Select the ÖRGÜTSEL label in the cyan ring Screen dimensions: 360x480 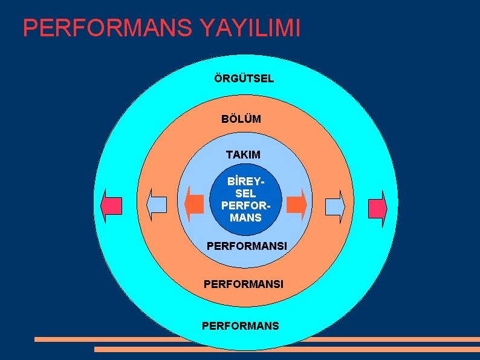pos(244,79)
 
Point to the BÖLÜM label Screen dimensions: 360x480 pos(241,119)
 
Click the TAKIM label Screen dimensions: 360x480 pos(243,155)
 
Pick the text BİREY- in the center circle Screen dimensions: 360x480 pos(245,182)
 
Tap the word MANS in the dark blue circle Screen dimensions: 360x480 pos(245,217)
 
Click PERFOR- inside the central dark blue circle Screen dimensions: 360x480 pos(245,206)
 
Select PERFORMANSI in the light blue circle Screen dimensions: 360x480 pos(246,247)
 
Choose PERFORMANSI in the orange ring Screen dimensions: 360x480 pos(244,283)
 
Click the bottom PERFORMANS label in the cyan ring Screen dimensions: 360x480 pos(241,326)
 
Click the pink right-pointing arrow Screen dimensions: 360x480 pos(377,208)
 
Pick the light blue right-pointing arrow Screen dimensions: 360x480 pos(335,207)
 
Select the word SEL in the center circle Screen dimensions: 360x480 pos(245,194)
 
